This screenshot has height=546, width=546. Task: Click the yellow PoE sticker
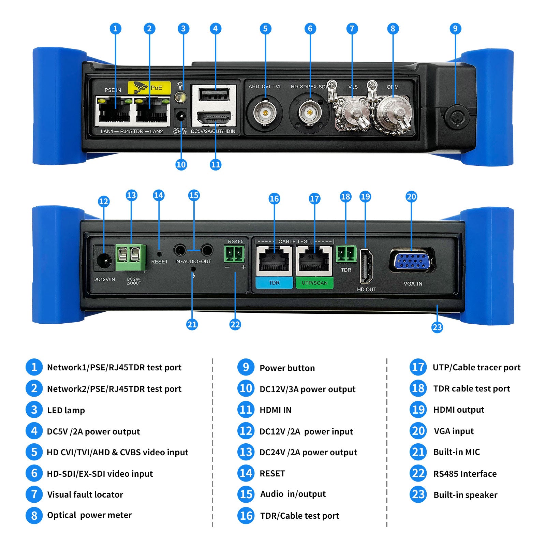pos(149,88)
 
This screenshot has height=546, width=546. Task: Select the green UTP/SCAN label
pos(314,283)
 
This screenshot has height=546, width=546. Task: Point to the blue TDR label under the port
pos(274,283)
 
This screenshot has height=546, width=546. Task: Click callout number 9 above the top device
pos(455,29)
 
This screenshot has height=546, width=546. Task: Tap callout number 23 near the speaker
pos(437,327)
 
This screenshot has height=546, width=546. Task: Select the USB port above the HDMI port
pos(214,94)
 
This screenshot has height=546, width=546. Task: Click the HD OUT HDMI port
pos(366,266)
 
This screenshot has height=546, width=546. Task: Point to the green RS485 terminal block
pos(234,254)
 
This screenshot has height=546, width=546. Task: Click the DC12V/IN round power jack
pos(104,261)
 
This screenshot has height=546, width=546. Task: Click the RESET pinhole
pos(159,254)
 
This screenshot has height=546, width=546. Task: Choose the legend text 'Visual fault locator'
pos(85,495)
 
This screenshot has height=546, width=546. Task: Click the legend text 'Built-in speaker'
pos(465,495)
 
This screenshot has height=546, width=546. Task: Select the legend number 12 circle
pos(246,431)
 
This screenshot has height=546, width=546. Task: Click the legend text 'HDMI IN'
pos(276,410)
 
